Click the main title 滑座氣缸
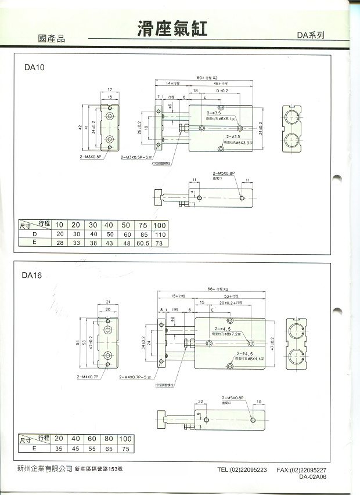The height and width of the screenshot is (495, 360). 172,28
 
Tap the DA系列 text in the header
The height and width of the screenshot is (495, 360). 310,35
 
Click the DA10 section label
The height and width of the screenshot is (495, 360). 34,67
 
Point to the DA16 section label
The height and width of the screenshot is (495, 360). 34,276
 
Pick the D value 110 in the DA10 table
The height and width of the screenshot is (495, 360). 159,234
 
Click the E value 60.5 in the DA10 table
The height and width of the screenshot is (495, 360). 142,243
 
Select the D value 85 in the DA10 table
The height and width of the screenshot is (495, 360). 142,234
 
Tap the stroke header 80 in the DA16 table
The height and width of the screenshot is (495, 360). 108,439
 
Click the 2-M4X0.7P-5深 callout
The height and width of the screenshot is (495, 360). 135,377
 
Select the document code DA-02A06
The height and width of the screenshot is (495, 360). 313,477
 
